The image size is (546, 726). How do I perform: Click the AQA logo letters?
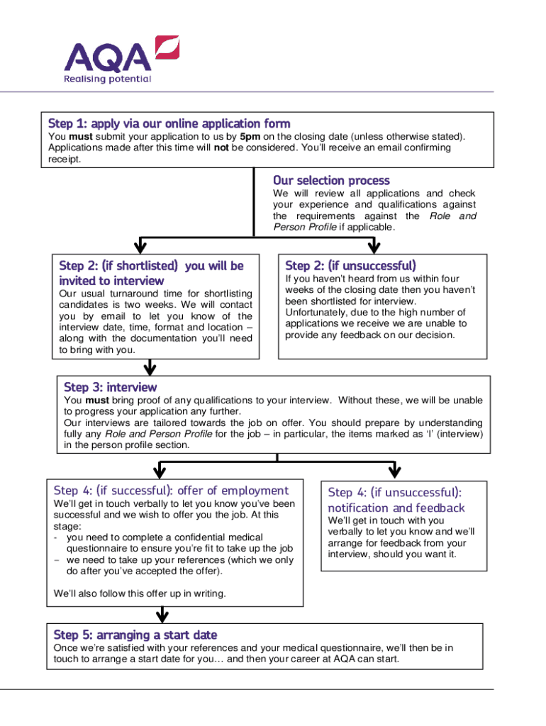tap(107, 57)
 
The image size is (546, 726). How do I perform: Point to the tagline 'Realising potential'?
tap(107, 79)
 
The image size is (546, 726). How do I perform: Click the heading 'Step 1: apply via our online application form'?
tap(169, 123)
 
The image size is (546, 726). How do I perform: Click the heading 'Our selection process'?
tap(331, 180)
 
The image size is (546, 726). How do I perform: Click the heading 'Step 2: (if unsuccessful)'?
tap(350, 266)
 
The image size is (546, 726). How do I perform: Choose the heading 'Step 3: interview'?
tap(111, 387)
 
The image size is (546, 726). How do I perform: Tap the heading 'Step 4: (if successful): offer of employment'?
tap(171, 491)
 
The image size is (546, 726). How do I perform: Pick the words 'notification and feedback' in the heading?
tap(396, 508)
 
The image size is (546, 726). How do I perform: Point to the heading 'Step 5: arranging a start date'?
tap(135, 635)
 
